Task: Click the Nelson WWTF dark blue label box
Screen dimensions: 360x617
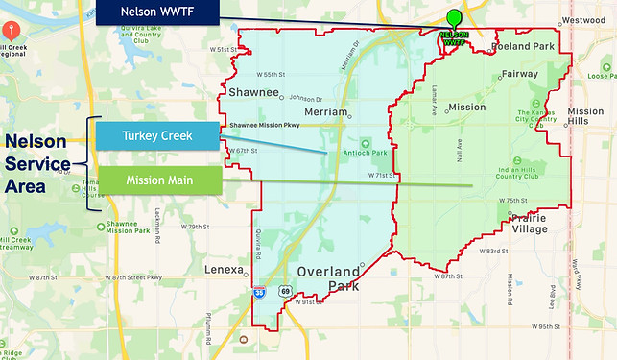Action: click(158, 12)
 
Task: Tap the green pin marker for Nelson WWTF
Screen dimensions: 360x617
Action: click(454, 18)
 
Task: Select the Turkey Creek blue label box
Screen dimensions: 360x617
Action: click(158, 136)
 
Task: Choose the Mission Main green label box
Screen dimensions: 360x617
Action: click(158, 180)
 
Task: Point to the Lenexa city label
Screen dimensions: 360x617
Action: click(225, 271)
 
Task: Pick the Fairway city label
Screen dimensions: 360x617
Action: click(519, 74)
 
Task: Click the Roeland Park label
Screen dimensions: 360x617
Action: click(522, 45)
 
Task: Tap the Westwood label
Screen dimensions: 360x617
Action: click(584, 19)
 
